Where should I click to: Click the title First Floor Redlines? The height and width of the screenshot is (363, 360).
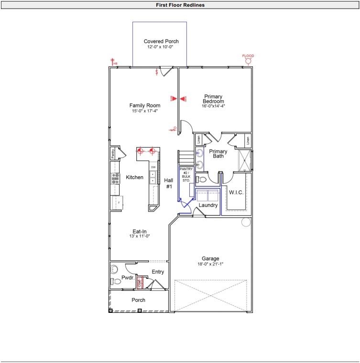180,5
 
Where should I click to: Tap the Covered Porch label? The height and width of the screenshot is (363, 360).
161,42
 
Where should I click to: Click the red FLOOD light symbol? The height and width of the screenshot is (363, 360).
248,61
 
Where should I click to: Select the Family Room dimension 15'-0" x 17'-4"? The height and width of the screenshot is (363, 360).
145,111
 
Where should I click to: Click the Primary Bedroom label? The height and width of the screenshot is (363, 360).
214,99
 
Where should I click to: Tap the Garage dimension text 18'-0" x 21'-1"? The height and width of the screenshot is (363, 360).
210,264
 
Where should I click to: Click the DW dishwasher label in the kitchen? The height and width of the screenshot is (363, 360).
153,168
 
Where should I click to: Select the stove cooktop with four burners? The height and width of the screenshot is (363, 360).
116,178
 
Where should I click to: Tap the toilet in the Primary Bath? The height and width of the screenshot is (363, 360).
202,180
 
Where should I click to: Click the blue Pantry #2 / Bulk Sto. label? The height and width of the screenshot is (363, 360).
185,175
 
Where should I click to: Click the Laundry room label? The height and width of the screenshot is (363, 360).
208,205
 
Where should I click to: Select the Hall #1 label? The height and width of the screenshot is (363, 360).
169,183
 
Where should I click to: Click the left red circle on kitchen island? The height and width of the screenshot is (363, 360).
141,151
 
